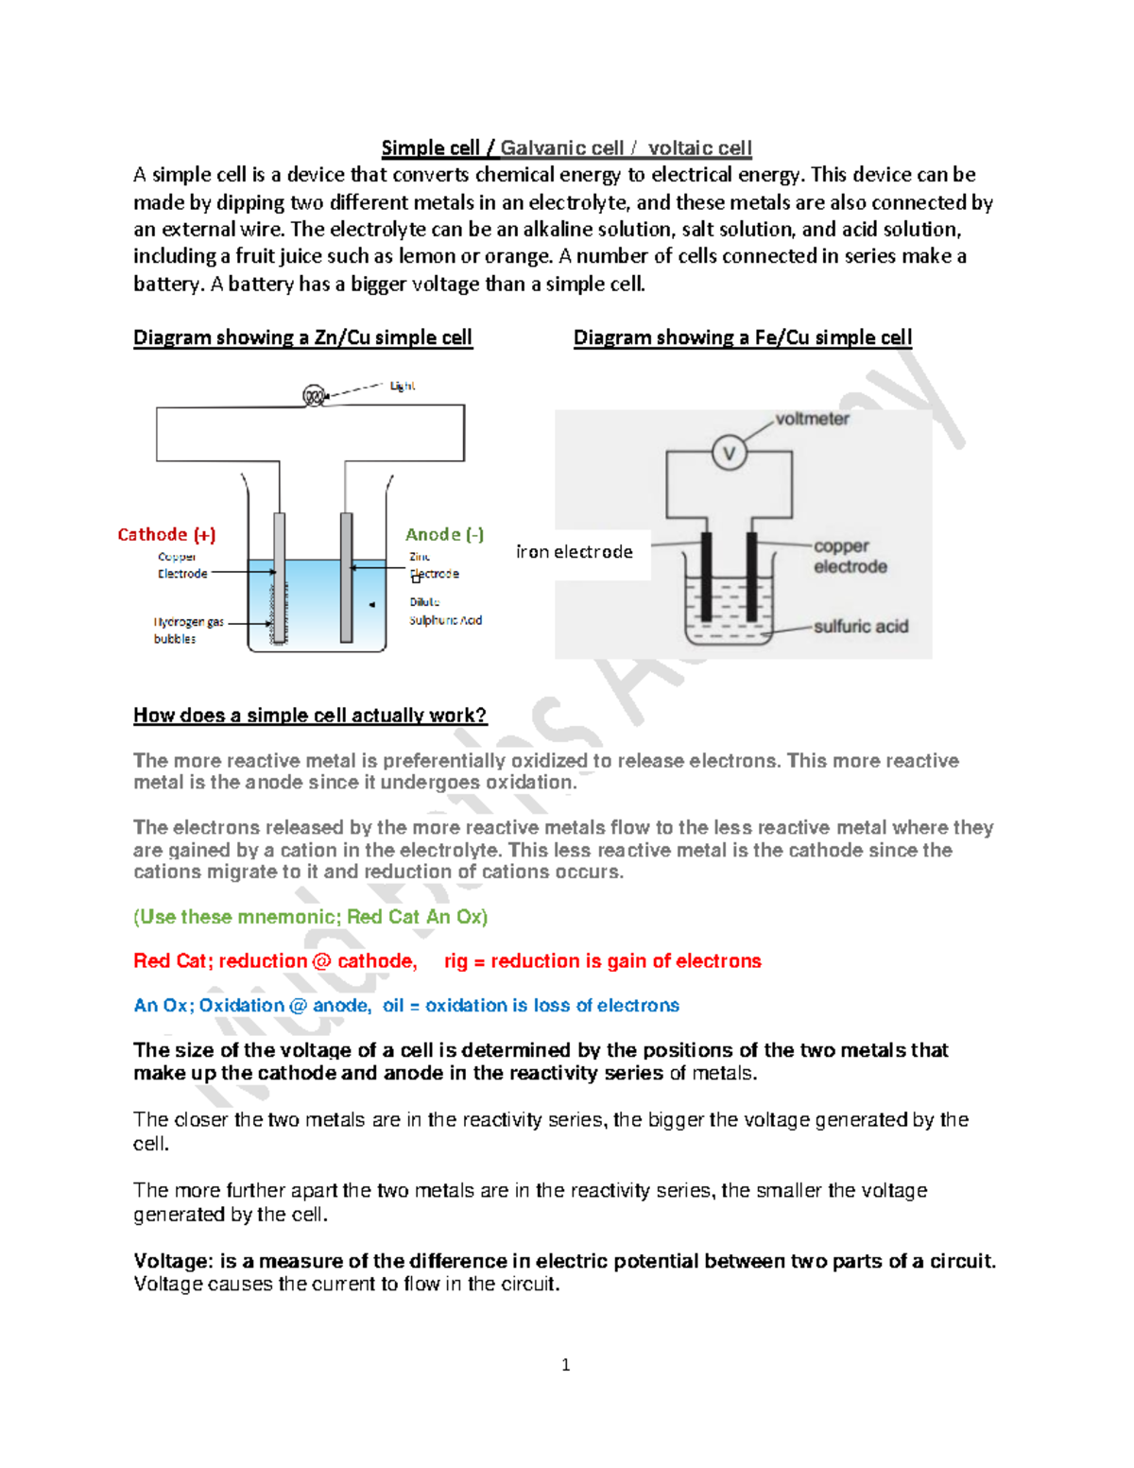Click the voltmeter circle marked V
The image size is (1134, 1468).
pos(729,454)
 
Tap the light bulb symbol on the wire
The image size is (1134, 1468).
pos(314,396)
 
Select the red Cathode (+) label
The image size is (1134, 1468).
pos(166,535)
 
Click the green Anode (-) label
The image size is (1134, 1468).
pos(444,535)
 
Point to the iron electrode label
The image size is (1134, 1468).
pos(575,552)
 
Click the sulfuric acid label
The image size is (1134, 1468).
pos(860,627)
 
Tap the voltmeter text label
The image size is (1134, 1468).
pos(812,419)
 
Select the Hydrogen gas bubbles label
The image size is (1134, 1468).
pos(188,630)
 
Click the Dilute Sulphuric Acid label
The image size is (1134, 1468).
pos(445,612)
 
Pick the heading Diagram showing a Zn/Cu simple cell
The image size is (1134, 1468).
pos(302,337)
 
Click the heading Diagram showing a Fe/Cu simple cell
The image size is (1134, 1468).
pos(742,337)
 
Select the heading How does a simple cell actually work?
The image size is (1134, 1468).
pos(310,716)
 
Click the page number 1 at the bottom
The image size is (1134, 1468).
pos(565,1365)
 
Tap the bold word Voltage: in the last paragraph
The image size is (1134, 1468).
pos(173,1261)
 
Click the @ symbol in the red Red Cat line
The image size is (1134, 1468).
pos(321,961)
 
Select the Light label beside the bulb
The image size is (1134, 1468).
pos(403,386)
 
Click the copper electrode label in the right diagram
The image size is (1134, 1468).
pos(850,557)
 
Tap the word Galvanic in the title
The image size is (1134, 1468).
pos(561,148)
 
